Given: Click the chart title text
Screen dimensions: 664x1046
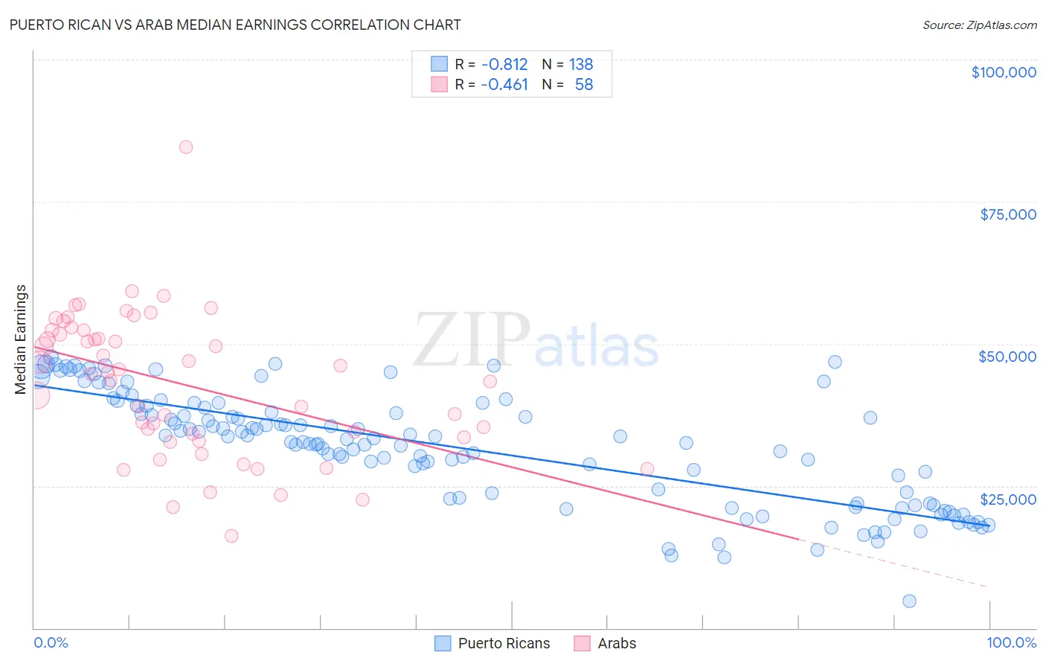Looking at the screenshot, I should [x=235, y=25].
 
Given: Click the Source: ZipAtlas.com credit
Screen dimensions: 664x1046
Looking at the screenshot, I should [x=979, y=25].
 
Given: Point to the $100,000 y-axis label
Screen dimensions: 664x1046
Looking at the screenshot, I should [x=1003, y=72].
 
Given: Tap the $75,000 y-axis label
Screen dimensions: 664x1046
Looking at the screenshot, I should [x=1007, y=214].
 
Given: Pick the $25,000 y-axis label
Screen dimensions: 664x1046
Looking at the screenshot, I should [x=1007, y=499].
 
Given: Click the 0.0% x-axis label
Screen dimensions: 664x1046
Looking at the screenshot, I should [x=51, y=642].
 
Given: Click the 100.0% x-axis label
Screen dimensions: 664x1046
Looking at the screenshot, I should [x=1011, y=642].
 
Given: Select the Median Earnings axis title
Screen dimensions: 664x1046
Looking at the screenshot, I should [x=21, y=339].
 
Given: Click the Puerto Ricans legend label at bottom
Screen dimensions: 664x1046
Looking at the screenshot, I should [x=504, y=643].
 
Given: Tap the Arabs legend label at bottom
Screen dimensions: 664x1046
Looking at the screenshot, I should [x=617, y=643].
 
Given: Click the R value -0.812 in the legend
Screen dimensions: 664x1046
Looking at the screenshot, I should [x=504, y=64].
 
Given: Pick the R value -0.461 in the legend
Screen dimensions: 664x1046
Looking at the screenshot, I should [x=504, y=85].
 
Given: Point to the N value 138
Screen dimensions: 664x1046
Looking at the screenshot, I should [x=580, y=64].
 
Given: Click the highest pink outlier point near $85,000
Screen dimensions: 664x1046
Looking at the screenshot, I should [x=186, y=147].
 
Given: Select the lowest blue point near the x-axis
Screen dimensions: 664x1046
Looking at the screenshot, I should [x=909, y=601].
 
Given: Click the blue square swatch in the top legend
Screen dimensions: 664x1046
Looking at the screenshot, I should [x=439, y=64].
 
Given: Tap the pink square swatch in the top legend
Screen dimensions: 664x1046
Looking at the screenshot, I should [x=439, y=85].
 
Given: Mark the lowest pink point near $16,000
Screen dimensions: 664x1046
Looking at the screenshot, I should [x=231, y=536].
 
